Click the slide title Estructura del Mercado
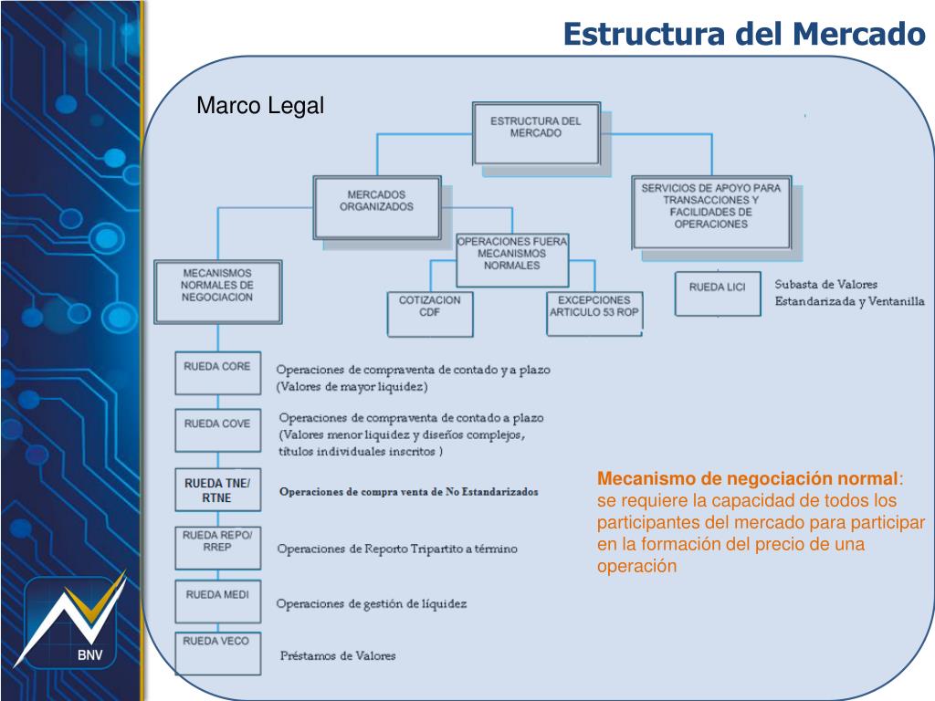click(743, 34)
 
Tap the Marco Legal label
click(260, 106)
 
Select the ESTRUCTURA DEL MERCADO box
click(536, 131)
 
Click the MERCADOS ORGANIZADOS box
click(376, 208)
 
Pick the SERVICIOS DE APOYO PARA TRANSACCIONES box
click(711, 213)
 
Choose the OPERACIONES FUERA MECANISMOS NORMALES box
click(511, 258)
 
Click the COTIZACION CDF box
click(430, 312)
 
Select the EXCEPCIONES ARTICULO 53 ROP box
click(594, 312)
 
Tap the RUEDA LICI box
click(717, 292)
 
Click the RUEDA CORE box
click(217, 372)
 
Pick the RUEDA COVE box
click(217, 430)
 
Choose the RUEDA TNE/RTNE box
click(217, 490)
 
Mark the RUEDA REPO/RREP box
click(217, 547)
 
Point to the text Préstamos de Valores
click(338, 655)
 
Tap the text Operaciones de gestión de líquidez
click(372, 603)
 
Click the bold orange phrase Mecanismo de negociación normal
click(747, 479)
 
